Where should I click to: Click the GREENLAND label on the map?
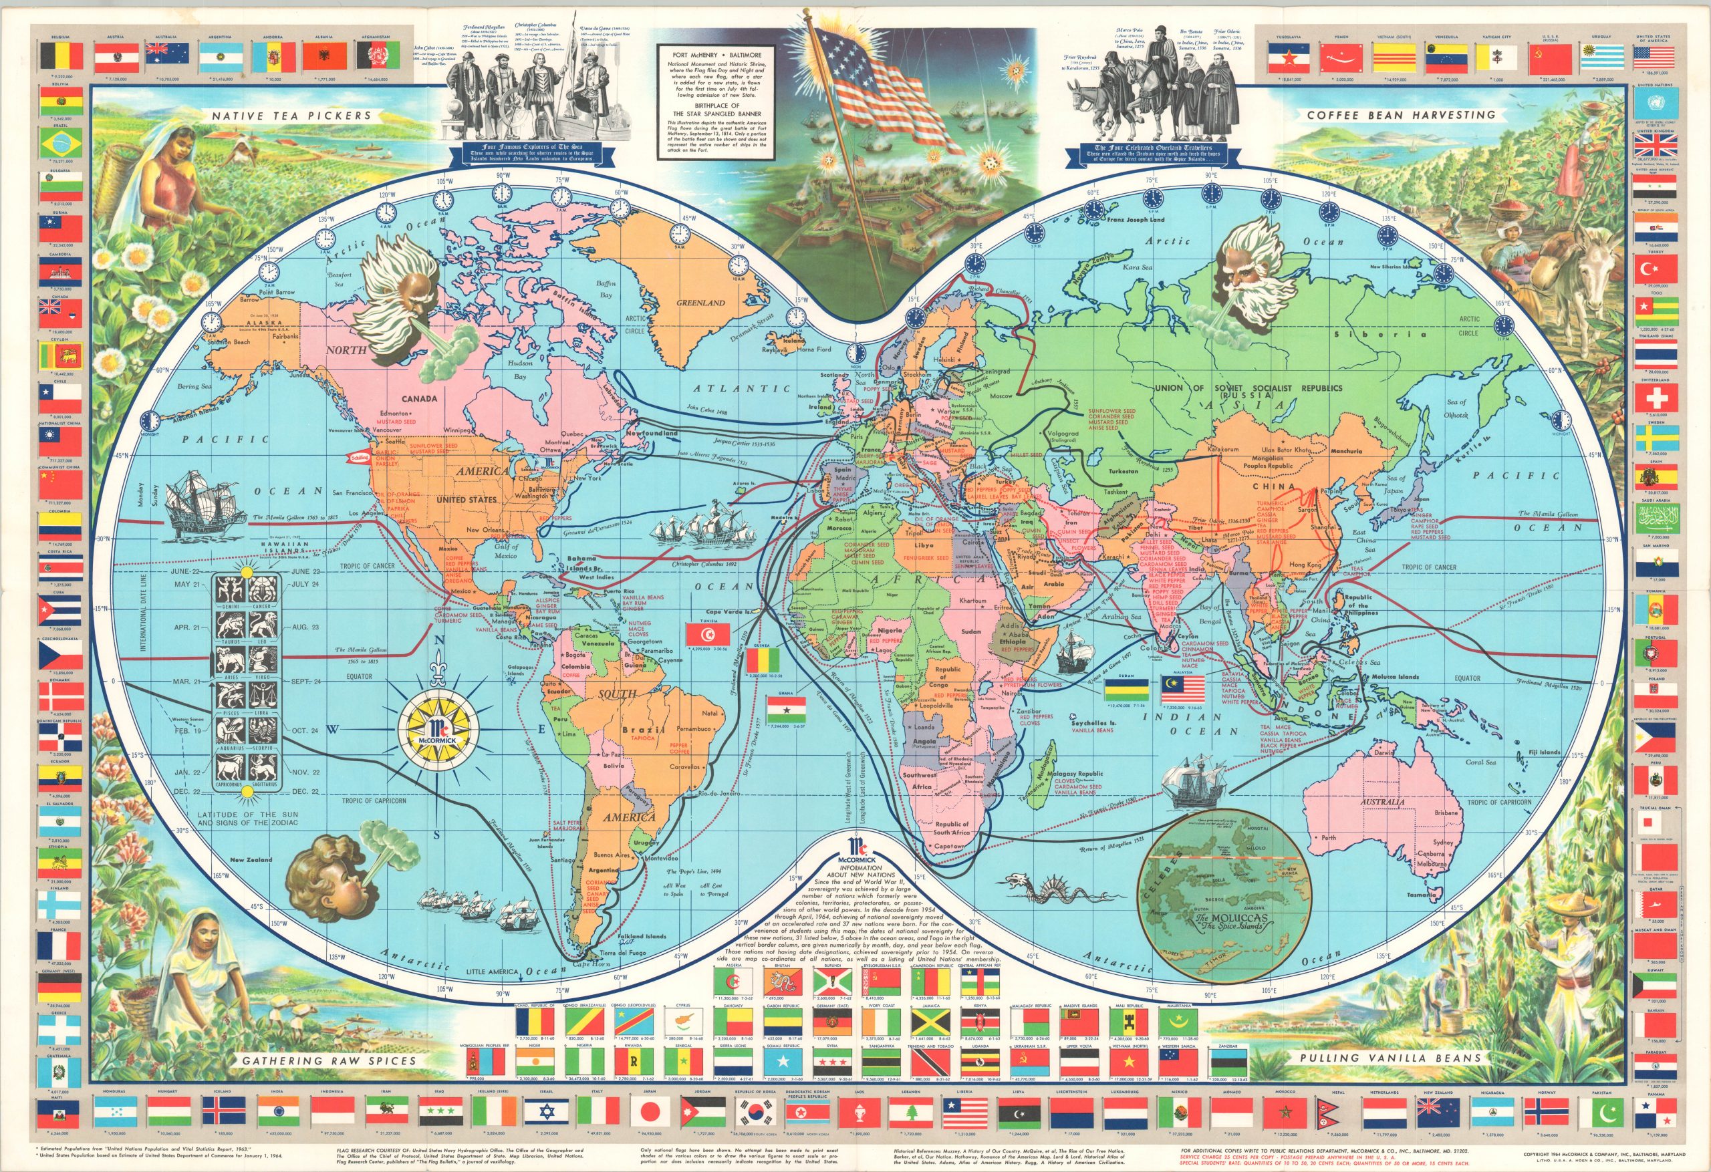tap(700, 303)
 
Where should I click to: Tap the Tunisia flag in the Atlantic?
tap(708, 633)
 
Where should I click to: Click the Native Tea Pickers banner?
tap(291, 116)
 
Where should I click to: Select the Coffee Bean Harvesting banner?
tap(1401, 115)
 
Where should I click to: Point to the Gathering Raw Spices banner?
tap(329, 1061)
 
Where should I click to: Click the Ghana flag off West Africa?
tap(785, 708)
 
